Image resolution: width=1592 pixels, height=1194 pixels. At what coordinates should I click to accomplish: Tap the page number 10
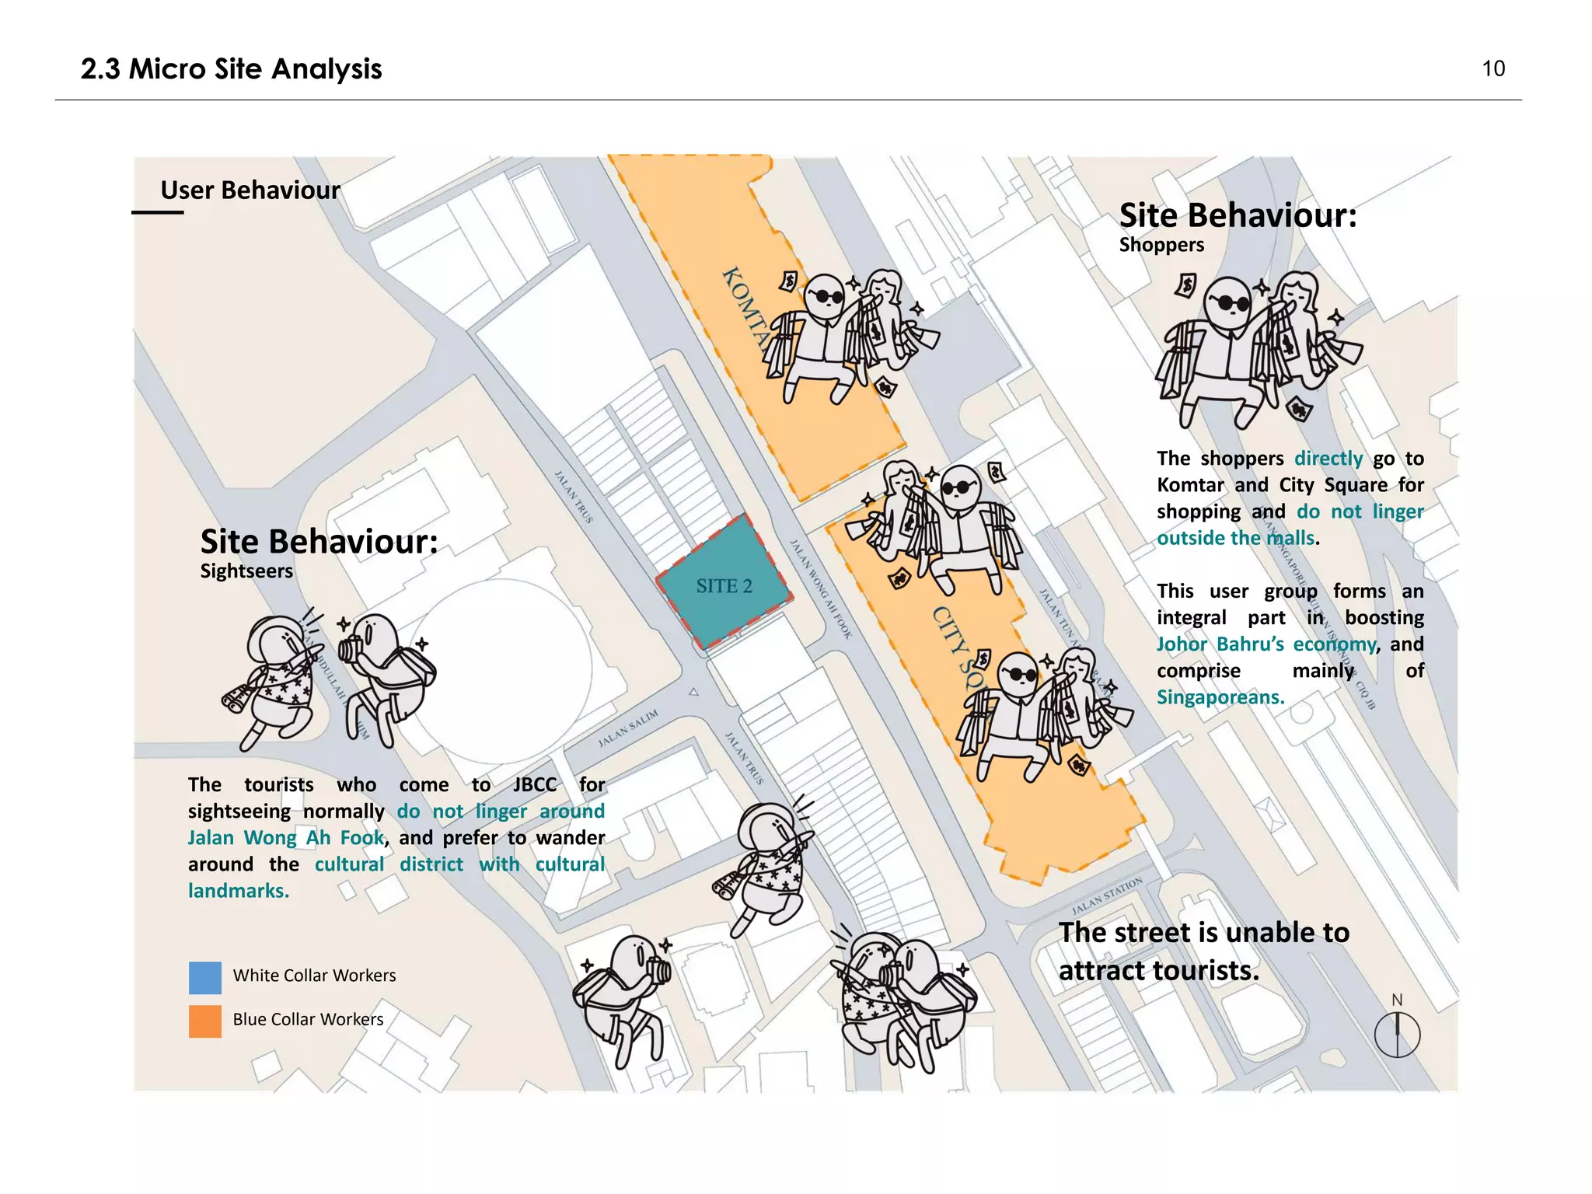click(1492, 68)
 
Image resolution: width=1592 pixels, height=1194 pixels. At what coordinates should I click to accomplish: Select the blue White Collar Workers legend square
click(205, 977)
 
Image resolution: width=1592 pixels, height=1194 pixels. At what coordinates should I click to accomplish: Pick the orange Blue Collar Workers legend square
click(205, 1021)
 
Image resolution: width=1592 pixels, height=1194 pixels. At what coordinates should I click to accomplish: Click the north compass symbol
click(1397, 1034)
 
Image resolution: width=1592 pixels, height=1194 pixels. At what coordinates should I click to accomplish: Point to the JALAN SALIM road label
click(628, 728)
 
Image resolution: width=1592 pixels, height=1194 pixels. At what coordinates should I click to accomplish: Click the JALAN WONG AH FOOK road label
click(821, 588)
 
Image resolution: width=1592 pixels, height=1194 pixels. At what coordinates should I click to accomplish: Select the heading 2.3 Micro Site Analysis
click(231, 69)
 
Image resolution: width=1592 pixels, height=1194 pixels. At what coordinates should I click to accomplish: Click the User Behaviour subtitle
click(250, 190)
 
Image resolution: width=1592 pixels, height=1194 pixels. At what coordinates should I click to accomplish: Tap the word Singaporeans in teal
click(1220, 697)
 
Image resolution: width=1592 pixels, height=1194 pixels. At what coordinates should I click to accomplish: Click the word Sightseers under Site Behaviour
click(246, 571)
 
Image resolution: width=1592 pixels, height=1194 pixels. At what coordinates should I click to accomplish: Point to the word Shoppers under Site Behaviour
click(1161, 245)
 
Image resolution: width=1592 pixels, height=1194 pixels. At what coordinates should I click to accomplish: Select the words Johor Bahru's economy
click(1266, 644)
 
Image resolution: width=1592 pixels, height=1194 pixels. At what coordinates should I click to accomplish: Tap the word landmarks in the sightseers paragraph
click(238, 891)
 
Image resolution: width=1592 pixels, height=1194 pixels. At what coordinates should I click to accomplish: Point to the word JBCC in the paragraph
click(535, 784)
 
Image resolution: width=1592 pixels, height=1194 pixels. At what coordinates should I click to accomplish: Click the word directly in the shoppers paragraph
click(1328, 459)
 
